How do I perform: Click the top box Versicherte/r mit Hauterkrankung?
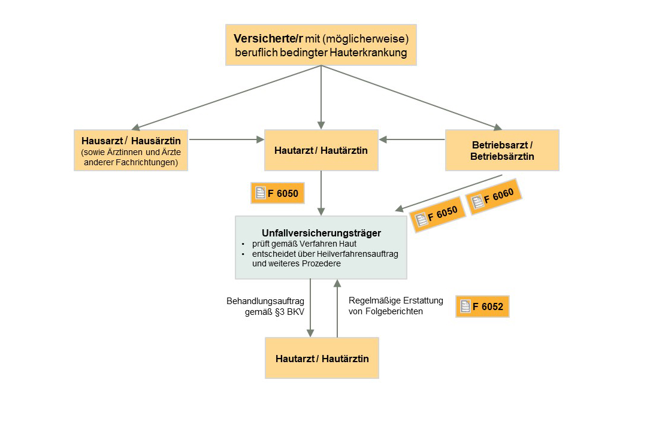pyautogui.click(x=321, y=45)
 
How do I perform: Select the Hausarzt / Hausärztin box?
pyautogui.click(x=131, y=150)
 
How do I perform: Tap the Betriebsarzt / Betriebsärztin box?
pyautogui.click(x=502, y=150)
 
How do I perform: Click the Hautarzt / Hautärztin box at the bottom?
pyautogui.click(x=322, y=359)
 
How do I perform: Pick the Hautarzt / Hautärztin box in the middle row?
pyautogui.click(x=322, y=150)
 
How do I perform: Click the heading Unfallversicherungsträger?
pyautogui.click(x=321, y=233)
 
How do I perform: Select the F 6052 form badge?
pyautogui.click(x=482, y=307)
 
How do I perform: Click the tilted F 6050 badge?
pyautogui.click(x=437, y=214)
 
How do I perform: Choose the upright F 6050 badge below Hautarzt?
pyautogui.click(x=277, y=193)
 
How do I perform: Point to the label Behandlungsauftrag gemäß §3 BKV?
pyautogui.click(x=262, y=306)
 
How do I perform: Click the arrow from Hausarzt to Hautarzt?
pyautogui.click(x=226, y=139)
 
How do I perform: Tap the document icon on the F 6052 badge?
pyautogui.click(x=465, y=307)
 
